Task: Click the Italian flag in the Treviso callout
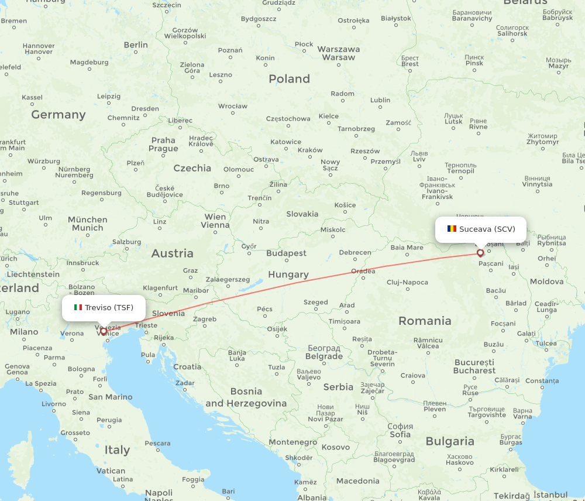pyautogui.click(x=78, y=307)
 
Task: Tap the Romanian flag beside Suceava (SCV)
pyautogui.click(x=452, y=229)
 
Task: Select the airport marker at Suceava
pyautogui.click(x=480, y=253)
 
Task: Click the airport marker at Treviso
pyautogui.click(x=104, y=331)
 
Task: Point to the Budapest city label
pyautogui.click(x=286, y=253)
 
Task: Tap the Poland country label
pyautogui.click(x=289, y=78)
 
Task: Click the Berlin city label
pyautogui.click(x=136, y=45)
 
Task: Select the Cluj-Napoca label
pyautogui.click(x=407, y=282)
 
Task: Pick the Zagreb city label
pyautogui.click(x=205, y=319)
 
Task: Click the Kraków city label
pyautogui.click(x=310, y=150)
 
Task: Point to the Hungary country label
pyautogui.click(x=288, y=274)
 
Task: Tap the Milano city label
pyautogui.click(x=23, y=332)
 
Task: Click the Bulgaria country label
pyautogui.click(x=450, y=441)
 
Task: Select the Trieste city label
pyautogui.click(x=146, y=325)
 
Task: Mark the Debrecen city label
pyautogui.click(x=355, y=253)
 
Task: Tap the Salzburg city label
pyautogui.click(x=126, y=242)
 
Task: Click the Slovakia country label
pyautogui.click(x=302, y=214)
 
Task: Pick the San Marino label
pyautogui.click(x=110, y=397)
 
